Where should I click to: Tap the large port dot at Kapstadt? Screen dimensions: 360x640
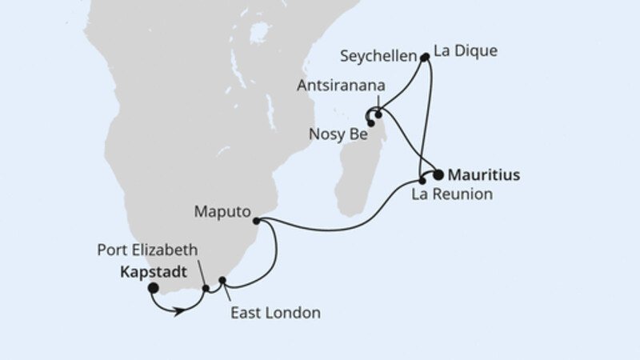[x=153, y=288]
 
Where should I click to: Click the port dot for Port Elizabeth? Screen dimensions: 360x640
[x=206, y=289]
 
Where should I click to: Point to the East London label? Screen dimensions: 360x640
[x=274, y=313]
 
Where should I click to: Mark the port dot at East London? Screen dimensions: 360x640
[x=223, y=281]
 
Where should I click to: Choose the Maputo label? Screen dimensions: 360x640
[x=221, y=213]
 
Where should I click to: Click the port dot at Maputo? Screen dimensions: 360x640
[x=256, y=220]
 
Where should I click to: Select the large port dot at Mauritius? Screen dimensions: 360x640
[x=438, y=174]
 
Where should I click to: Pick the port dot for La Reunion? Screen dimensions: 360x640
[x=422, y=181]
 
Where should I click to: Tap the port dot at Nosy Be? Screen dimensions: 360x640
[x=371, y=123]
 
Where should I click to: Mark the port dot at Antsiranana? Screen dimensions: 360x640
[x=378, y=115]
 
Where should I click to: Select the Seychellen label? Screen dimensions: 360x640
[x=378, y=58]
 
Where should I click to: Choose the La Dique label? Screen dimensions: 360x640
[x=465, y=51]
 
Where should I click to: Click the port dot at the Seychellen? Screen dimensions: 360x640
[x=425, y=57]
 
